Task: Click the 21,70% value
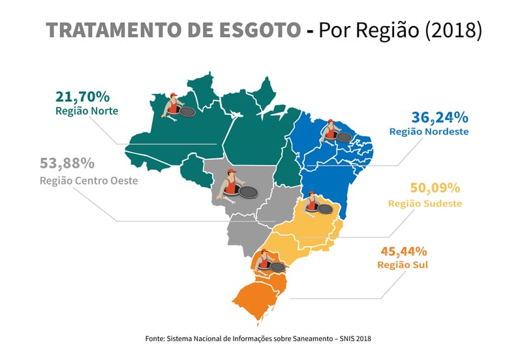(x=82, y=97)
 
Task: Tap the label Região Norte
(x=87, y=111)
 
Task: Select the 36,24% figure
(x=440, y=117)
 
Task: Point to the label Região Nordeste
(x=429, y=132)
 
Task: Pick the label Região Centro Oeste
(x=89, y=180)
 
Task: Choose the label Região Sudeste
(x=425, y=203)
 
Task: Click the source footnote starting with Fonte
(x=261, y=338)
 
